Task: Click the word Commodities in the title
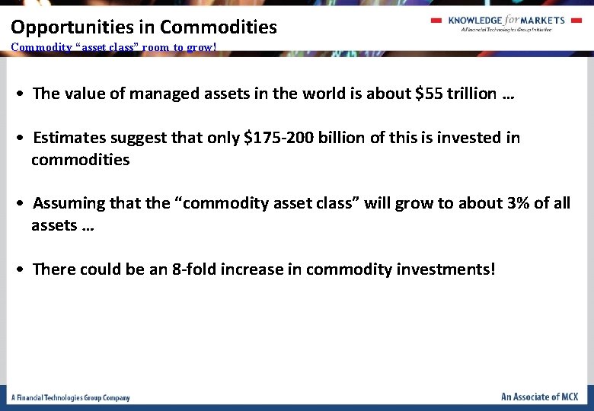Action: coord(219,27)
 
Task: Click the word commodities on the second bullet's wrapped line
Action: coord(80,160)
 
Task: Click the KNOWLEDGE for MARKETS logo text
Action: coord(506,21)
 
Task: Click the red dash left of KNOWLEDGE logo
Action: coord(436,21)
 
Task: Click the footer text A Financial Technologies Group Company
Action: coord(70,397)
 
